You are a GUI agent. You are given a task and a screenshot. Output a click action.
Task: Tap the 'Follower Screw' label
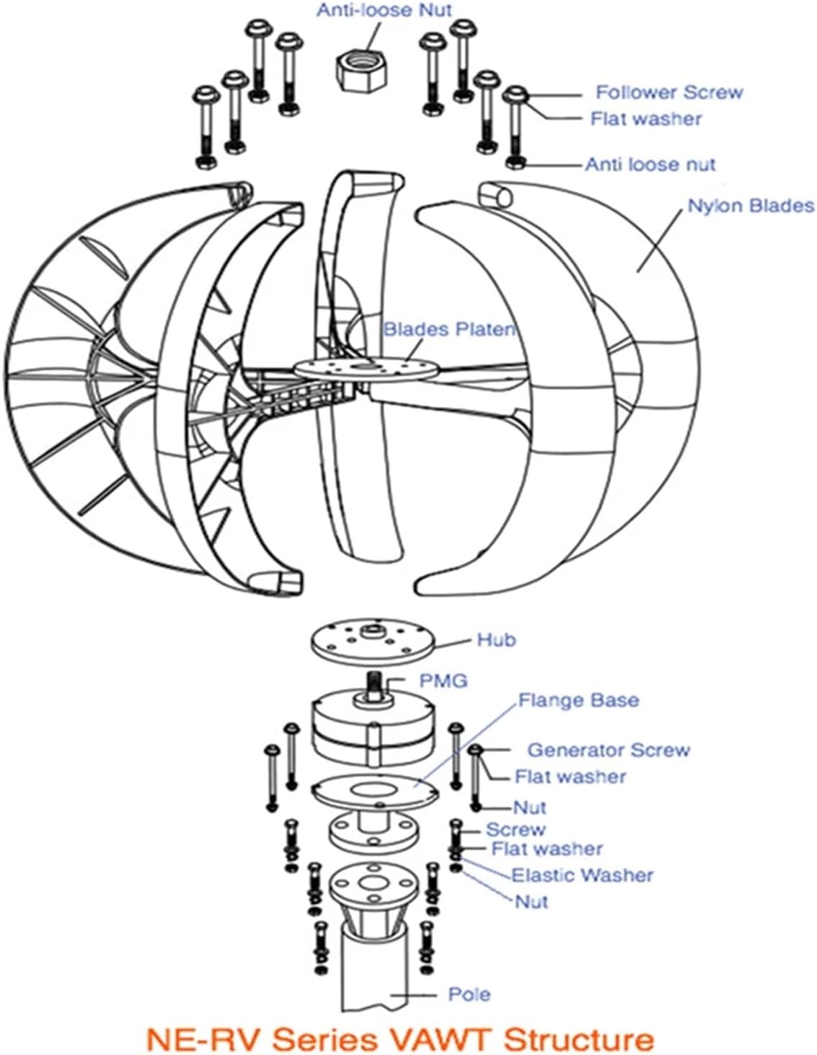tap(668, 92)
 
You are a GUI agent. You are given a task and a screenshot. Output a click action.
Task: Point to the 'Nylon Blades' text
tap(750, 206)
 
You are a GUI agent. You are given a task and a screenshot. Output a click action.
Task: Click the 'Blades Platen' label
tap(449, 330)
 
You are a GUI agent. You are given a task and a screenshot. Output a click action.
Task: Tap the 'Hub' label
tap(496, 640)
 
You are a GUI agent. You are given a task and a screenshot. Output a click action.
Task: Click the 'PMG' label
tap(443, 680)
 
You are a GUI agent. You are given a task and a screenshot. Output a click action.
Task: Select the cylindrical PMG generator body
tap(373, 730)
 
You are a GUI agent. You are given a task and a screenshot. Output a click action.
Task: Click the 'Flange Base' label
tap(578, 701)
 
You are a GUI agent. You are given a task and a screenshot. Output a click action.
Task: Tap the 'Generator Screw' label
tap(609, 750)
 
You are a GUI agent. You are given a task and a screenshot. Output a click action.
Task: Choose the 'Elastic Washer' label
tap(582, 875)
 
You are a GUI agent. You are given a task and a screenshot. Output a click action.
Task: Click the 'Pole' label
tap(469, 994)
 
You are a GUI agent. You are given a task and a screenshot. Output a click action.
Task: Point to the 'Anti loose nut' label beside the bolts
tap(650, 165)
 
